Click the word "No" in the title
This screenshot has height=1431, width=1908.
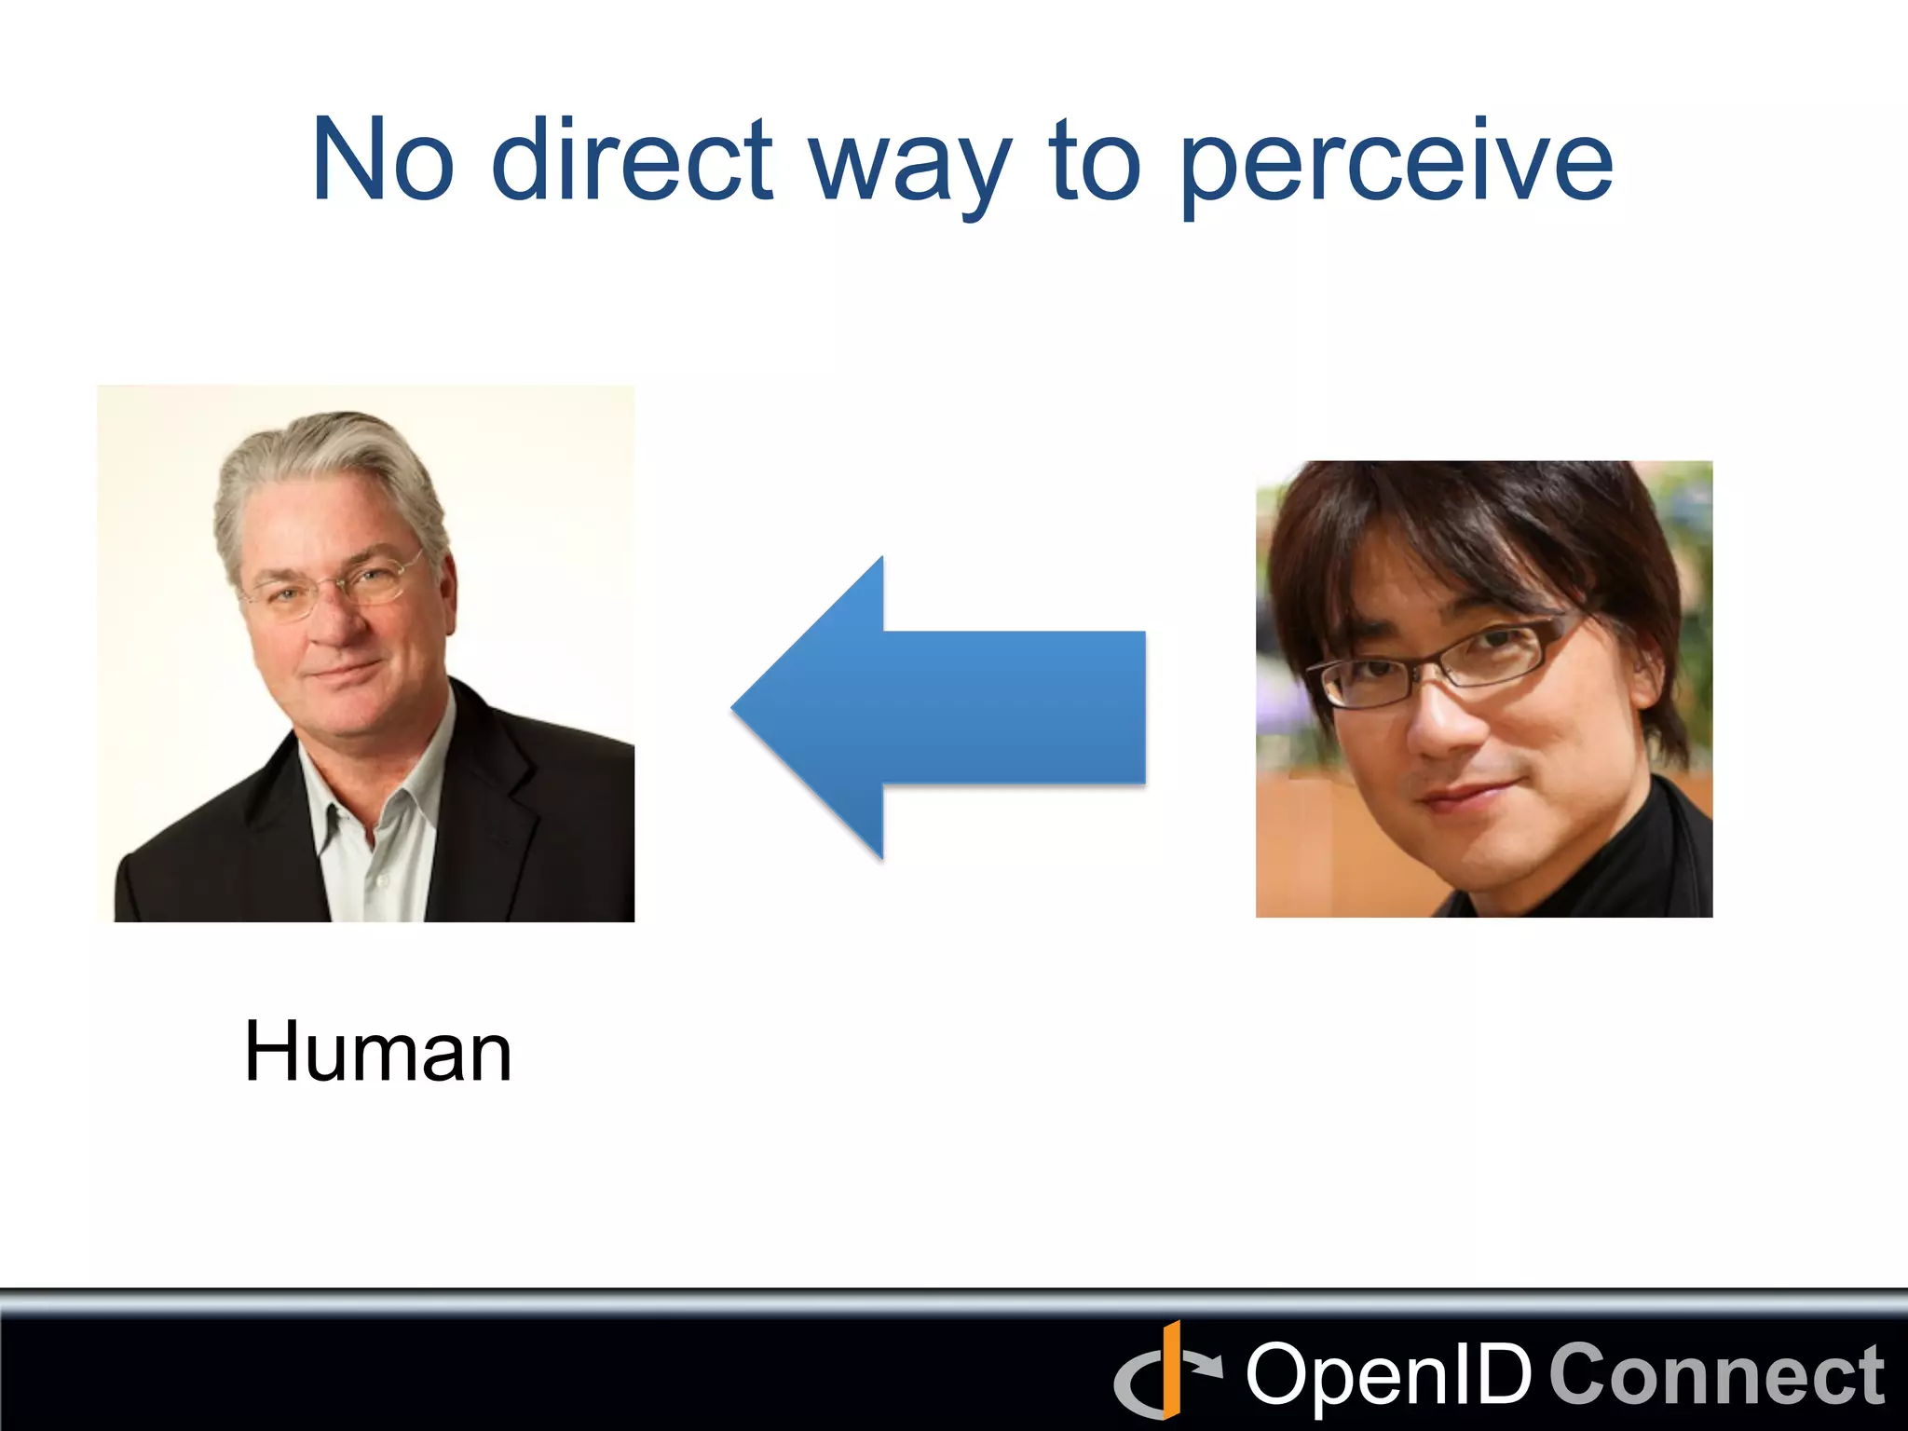click(x=383, y=160)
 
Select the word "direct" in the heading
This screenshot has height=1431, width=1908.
click(x=632, y=160)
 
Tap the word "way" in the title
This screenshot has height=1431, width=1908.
click(x=909, y=168)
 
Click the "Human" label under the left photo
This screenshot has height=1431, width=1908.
click(x=377, y=1052)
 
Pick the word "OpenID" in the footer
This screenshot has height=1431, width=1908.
click(x=1388, y=1375)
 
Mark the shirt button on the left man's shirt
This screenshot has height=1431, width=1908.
click(x=380, y=879)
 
